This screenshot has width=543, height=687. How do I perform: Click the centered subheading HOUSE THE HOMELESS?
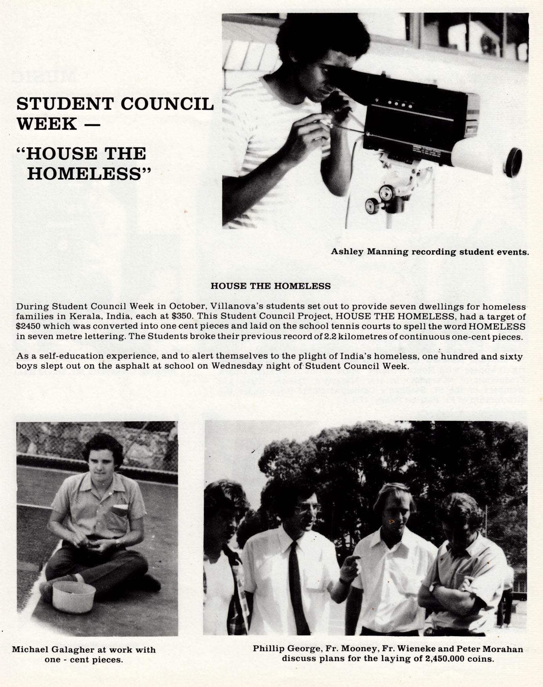pyautogui.click(x=271, y=286)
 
